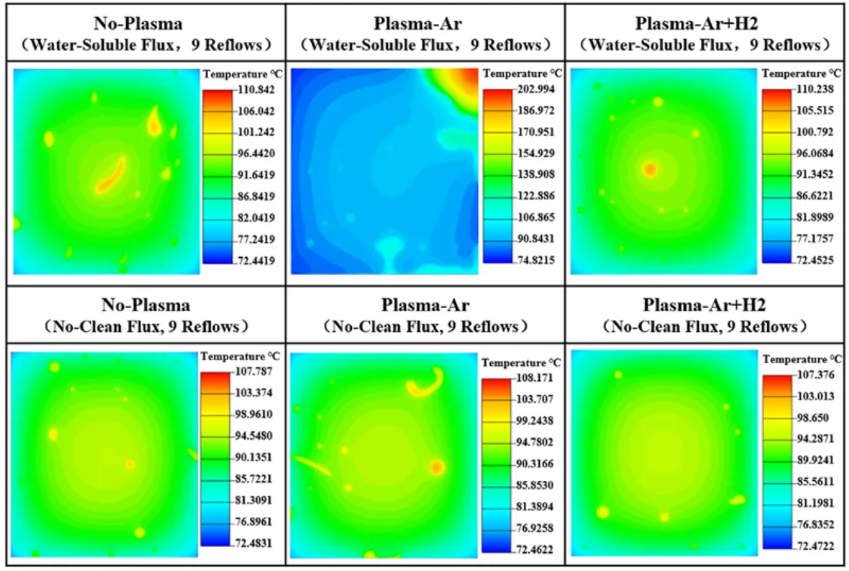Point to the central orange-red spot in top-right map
point(649,169)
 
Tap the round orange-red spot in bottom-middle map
point(437,467)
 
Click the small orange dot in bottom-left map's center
point(129,464)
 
